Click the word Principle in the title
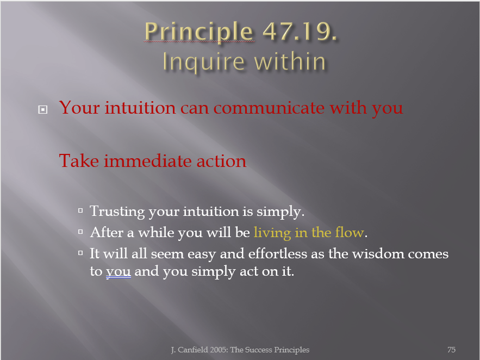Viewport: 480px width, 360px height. click(198, 32)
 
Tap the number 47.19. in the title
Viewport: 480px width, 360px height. click(300, 31)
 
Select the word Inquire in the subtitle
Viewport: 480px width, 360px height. click(203, 63)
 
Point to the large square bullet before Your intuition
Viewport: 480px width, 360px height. click(43, 109)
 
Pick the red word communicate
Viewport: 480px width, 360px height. click(269, 108)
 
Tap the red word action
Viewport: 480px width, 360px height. click(221, 162)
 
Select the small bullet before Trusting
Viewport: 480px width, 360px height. click(80, 210)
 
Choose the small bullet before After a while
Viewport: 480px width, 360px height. click(80, 232)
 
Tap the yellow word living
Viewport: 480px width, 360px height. click(272, 233)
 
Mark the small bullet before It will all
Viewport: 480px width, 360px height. click(80, 253)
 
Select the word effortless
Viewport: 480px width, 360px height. click(278, 253)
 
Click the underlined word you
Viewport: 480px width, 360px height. click(119, 272)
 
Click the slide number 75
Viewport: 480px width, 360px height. click(452, 350)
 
